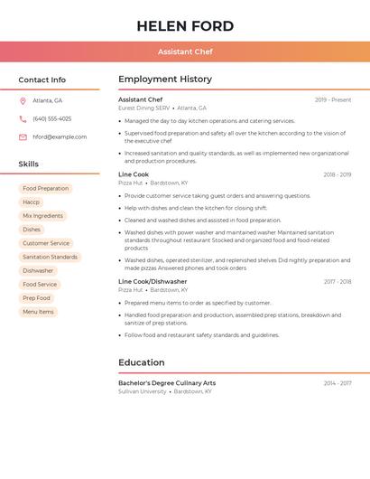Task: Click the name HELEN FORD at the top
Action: point(185,26)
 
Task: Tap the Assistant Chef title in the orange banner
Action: point(185,52)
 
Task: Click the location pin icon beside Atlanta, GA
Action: point(23,100)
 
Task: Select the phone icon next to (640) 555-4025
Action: point(23,118)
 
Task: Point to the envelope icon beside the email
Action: point(23,137)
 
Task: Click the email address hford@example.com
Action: point(60,137)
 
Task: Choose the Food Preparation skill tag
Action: point(45,189)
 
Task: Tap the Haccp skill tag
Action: point(32,202)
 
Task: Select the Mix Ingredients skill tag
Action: point(42,216)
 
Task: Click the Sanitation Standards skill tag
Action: point(50,257)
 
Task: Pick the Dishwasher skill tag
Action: point(38,270)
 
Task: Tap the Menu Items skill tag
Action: point(38,312)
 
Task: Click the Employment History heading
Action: point(165,80)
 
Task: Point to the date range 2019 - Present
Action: point(333,100)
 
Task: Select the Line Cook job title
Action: point(134,174)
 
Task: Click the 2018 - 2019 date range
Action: point(338,175)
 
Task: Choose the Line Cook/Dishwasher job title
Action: point(153,282)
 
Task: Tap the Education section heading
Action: point(142,362)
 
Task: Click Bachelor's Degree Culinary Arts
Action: point(167,383)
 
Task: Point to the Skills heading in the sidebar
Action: point(29,164)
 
